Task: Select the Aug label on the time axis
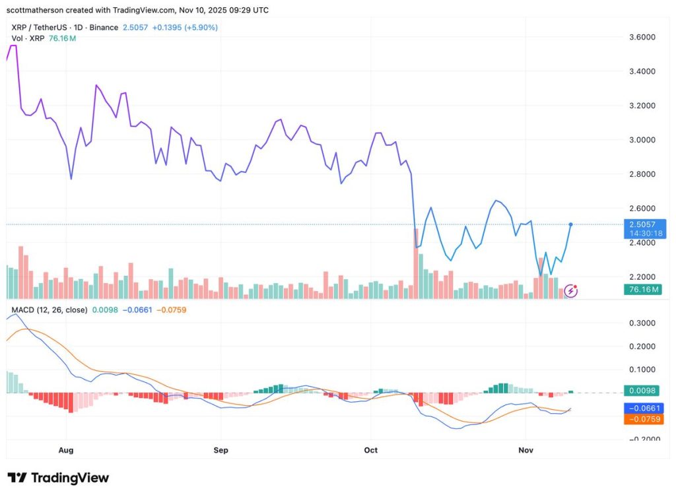pos(65,450)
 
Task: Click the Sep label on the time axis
pos(220,450)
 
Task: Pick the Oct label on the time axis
pos(371,450)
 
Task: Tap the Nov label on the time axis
pos(525,450)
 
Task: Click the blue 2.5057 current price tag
pos(644,224)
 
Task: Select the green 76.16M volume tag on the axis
pos(644,289)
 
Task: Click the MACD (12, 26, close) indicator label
pos(50,310)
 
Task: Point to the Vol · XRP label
pos(28,38)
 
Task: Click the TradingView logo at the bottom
pos(58,478)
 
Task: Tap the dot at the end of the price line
pos(570,224)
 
